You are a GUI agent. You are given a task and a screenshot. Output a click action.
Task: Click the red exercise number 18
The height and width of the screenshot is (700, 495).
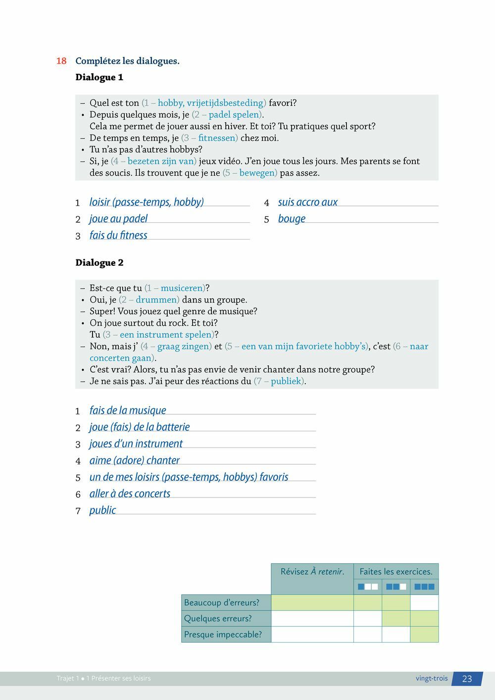pos(61,61)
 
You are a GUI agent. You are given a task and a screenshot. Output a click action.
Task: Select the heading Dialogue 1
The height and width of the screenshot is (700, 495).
pos(99,77)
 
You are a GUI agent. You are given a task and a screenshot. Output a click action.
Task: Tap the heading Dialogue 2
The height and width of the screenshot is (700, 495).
pos(99,262)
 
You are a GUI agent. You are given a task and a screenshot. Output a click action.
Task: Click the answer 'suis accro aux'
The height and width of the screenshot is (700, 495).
pos(307,202)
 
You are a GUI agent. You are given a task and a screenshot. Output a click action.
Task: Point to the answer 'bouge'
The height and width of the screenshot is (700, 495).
pos(292,219)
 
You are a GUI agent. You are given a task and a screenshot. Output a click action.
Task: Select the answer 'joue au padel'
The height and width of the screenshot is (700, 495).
pos(118,219)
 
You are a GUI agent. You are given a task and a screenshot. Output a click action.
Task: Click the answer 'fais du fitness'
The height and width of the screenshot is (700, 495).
pos(118,235)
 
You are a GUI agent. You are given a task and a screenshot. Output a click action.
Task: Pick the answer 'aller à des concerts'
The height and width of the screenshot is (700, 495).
pos(130,494)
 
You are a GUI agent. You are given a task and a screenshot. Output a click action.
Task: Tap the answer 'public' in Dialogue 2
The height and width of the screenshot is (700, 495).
pos(102,510)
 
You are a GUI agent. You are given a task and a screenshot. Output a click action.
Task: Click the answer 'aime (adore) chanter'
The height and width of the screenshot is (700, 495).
pos(134,460)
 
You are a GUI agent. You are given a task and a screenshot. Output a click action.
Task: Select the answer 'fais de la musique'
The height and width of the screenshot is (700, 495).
pos(128,410)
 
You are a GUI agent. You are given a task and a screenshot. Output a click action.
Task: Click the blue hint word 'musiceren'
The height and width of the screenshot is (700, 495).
pos(182,288)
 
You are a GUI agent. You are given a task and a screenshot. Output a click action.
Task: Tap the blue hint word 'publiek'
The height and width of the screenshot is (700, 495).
pos(286,381)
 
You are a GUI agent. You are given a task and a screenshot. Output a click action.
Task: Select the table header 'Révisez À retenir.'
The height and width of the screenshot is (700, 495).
pos(312,572)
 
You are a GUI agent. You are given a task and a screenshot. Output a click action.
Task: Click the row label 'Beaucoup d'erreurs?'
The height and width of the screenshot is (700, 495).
pos(222,602)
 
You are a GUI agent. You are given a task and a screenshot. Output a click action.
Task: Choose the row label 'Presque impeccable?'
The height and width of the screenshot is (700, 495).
pos(223,634)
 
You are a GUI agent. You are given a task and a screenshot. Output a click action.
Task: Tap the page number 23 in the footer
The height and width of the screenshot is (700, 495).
pos(467,679)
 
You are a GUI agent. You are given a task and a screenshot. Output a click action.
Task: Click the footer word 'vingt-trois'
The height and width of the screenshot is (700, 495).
pos(432,678)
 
